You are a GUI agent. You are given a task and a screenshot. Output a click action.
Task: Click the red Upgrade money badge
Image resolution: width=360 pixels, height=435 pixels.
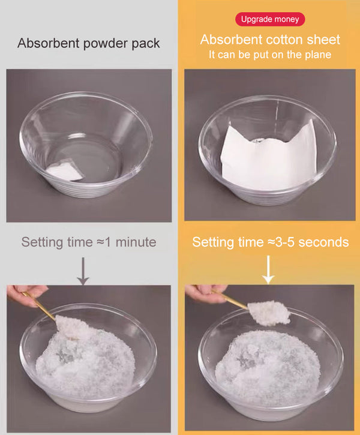point(270,19)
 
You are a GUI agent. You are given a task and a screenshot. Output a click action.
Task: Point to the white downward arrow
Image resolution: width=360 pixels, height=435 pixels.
point(268,271)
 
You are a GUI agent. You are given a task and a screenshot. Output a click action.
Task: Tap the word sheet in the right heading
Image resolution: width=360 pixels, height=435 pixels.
point(324,40)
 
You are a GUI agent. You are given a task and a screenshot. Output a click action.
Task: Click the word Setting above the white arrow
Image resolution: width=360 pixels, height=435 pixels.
point(214,242)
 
